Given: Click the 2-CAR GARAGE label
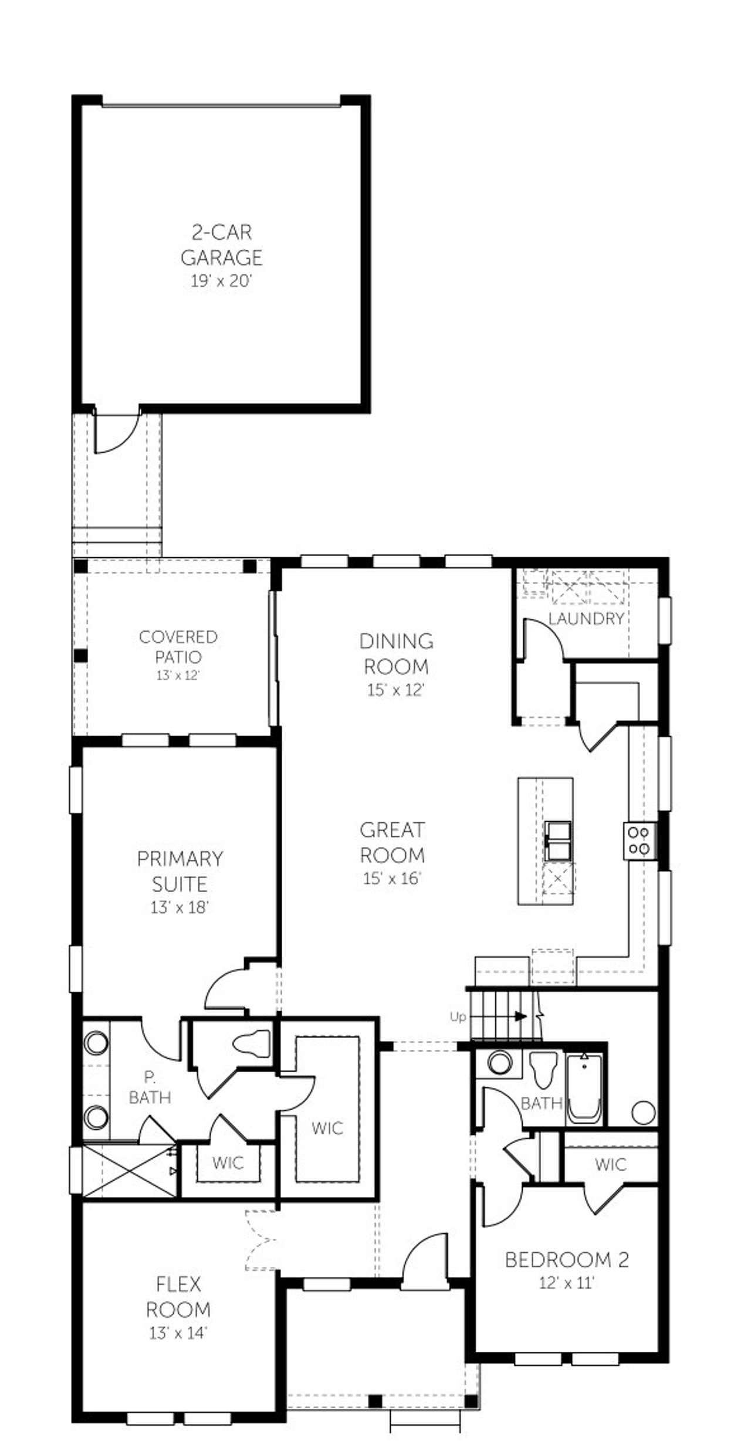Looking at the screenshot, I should coord(221,245).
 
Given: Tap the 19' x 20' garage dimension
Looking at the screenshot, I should coord(221,281).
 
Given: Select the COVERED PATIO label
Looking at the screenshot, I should coord(178,646).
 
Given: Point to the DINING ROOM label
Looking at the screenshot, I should coord(396,653).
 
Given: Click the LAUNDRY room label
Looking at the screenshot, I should coord(586,618).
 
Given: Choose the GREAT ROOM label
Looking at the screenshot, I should coord(392,842).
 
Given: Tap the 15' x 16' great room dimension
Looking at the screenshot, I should coord(392,878).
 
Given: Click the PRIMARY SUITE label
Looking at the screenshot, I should coord(180,871).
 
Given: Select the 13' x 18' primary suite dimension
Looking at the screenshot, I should coord(180,907).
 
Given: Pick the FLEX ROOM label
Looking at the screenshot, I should coord(178,1297).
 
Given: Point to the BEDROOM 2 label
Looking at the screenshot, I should coord(567,1259).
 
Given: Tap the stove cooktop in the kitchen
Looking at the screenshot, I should coord(639,840).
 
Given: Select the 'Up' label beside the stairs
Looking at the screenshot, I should coord(458,1016).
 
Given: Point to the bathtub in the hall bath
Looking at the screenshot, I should coord(584,1089).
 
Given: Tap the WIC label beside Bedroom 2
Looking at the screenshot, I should coord(610,1164).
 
